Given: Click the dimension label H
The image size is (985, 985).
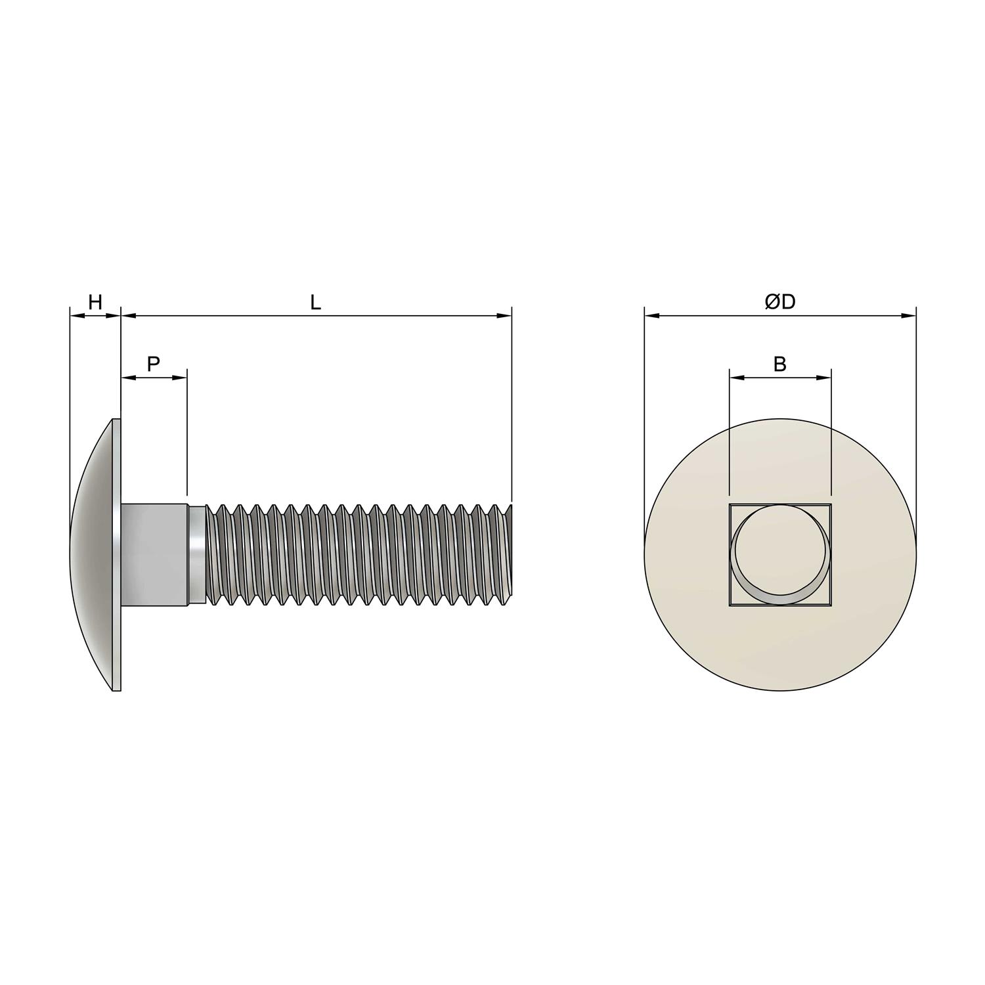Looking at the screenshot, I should click(95, 303).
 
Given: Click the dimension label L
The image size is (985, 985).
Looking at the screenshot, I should click(316, 303).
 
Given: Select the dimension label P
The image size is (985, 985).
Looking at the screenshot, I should click(153, 364).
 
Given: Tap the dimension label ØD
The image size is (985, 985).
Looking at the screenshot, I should click(780, 302).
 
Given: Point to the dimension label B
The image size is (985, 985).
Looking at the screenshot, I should click(780, 364).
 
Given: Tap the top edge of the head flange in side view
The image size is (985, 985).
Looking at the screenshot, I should click(117, 420).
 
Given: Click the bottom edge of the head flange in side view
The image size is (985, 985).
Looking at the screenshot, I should click(117, 689).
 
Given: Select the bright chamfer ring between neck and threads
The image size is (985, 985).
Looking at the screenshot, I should click(196, 554).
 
